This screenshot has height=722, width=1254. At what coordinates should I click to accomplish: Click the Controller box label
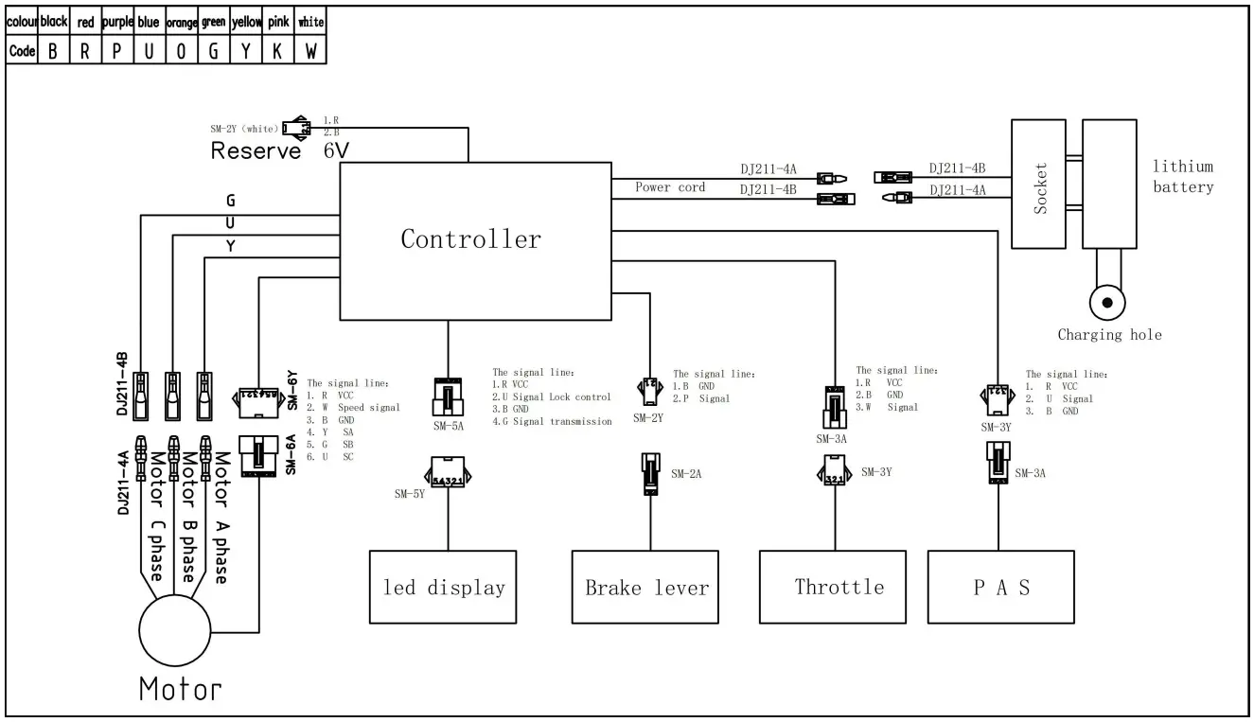click(470, 239)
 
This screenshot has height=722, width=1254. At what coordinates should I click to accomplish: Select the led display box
click(443, 587)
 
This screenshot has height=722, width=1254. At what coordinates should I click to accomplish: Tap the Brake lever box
click(647, 587)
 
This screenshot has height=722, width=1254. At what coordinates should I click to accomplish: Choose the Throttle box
click(839, 587)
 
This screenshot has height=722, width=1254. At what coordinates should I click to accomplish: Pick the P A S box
click(1002, 587)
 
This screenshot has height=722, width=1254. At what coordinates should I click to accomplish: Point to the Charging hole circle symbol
click(1107, 305)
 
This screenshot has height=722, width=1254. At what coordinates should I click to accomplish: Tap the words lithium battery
click(1182, 177)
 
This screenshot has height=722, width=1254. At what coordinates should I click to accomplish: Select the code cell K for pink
click(275, 51)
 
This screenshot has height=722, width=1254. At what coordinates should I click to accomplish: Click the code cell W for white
click(310, 51)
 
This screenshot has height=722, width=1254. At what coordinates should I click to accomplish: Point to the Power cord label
click(670, 187)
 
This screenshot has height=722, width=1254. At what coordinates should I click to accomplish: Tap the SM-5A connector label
click(448, 427)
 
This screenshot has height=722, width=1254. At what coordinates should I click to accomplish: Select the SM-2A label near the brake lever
click(686, 473)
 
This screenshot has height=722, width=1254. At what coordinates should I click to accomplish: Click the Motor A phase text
click(221, 516)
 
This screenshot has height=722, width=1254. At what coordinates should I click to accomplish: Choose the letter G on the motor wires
click(230, 201)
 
